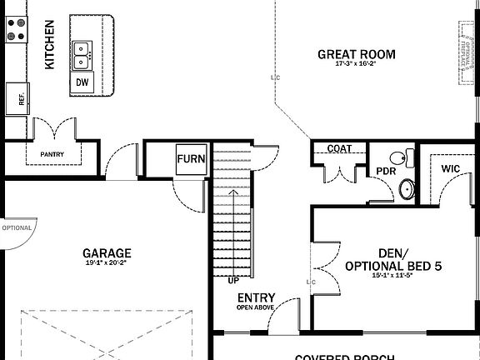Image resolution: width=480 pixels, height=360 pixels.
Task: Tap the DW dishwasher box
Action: pos(82,82)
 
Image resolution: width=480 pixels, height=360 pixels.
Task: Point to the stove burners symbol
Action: pos(16,29)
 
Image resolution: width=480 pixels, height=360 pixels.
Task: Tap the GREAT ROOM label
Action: pos(356,55)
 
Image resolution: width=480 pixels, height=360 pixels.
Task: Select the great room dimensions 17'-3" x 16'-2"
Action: pos(356,64)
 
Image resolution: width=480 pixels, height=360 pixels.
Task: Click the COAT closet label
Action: pos(338,149)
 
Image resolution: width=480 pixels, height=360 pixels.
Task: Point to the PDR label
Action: pos(384,171)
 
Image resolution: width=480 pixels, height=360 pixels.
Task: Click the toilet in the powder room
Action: pos(402,157)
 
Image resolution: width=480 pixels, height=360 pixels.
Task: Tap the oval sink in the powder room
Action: pos(406,189)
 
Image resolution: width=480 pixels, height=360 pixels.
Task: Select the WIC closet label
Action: pos(450,168)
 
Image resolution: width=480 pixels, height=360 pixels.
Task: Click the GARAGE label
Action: pos(107,253)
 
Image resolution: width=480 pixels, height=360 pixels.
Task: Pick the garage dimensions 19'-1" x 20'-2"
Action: pos(107,262)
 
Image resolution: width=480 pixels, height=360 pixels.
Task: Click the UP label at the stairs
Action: pos(233,281)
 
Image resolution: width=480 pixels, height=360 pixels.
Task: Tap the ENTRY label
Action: pos(257,298)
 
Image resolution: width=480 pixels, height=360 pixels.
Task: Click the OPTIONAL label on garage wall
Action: pos(17,227)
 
